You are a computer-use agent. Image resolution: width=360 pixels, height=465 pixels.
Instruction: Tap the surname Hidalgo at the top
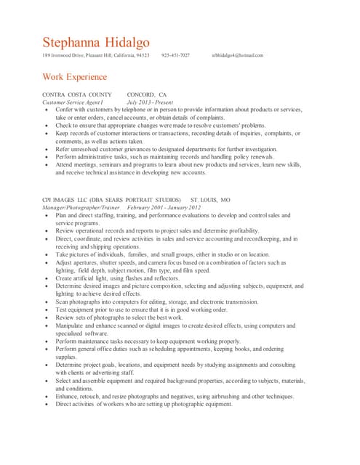coord(131,43)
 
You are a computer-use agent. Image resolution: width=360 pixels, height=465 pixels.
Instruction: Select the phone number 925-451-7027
coord(175,55)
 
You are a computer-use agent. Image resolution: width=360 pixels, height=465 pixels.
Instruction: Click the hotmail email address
coord(237,55)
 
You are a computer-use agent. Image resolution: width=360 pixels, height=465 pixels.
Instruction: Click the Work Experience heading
coord(75,77)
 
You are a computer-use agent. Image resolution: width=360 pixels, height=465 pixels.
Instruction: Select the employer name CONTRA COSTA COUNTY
coord(77,95)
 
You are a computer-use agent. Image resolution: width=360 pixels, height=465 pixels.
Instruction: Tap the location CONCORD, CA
coord(147,95)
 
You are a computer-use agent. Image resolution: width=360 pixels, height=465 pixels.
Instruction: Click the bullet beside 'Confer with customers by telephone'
coord(47,110)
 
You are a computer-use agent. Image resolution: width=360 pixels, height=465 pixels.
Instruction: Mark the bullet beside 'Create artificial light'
coord(47,278)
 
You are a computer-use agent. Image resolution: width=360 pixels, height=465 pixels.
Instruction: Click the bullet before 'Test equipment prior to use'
coord(47,309)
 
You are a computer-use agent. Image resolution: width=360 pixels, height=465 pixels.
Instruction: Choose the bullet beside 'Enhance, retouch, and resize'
coord(47,396)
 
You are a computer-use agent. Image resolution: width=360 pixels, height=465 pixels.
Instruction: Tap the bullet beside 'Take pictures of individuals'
coord(47,254)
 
